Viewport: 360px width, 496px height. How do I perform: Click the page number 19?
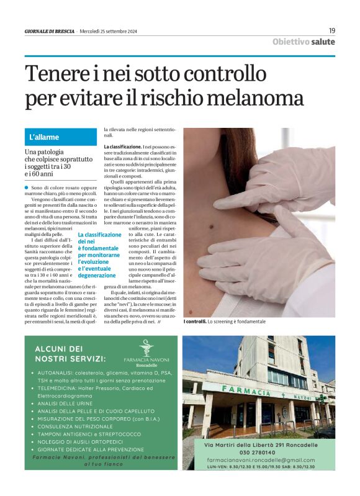pyautogui.click(x=331, y=30)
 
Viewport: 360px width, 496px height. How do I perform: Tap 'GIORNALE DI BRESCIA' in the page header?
pyautogui.click(x=50, y=31)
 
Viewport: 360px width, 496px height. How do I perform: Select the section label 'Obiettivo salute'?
pyautogui.click(x=304, y=42)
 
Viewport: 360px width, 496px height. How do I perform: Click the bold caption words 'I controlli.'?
pyautogui.click(x=194, y=322)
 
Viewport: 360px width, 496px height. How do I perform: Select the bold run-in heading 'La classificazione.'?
pyautogui.click(x=123, y=147)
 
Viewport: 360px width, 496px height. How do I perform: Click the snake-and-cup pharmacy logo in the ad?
pyautogui.click(x=145, y=346)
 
